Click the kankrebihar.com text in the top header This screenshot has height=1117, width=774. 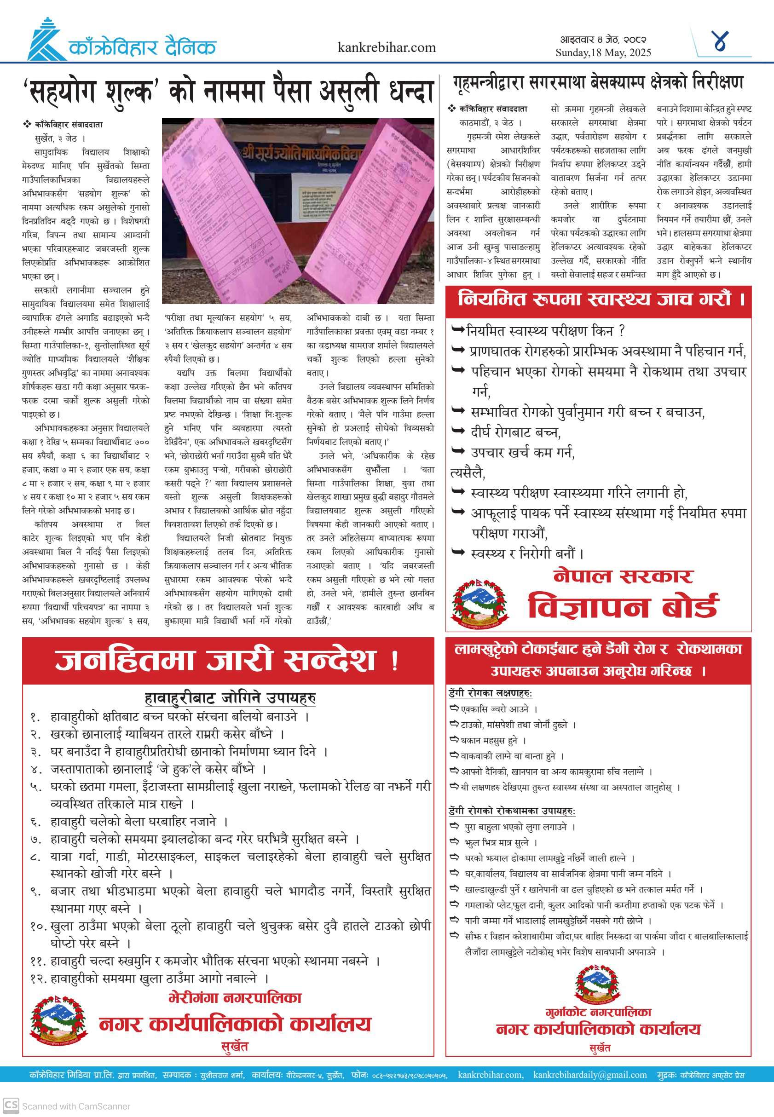point(387,47)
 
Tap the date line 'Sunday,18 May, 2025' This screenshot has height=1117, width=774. point(603,53)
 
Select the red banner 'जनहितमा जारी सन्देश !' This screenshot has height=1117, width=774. point(227,660)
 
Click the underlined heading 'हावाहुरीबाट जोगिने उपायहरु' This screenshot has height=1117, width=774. point(230,698)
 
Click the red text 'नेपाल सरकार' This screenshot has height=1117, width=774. point(623,576)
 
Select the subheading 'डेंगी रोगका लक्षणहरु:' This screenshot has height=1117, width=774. point(490,694)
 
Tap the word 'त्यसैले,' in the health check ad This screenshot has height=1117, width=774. point(468,472)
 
